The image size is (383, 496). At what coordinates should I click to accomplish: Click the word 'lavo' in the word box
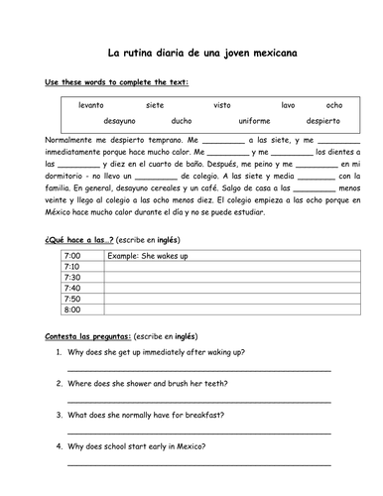pyautogui.click(x=287, y=104)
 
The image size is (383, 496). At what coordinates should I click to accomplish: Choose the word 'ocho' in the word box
pyautogui.click(x=333, y=104)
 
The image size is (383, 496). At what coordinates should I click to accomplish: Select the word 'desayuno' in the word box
pyautogui.click(x=120, y=121)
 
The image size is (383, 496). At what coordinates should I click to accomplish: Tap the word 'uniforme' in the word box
pyautogui.click(x=254, y=121)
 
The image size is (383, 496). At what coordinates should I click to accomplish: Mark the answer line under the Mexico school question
pyautogui.click(x=198, y=463)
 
